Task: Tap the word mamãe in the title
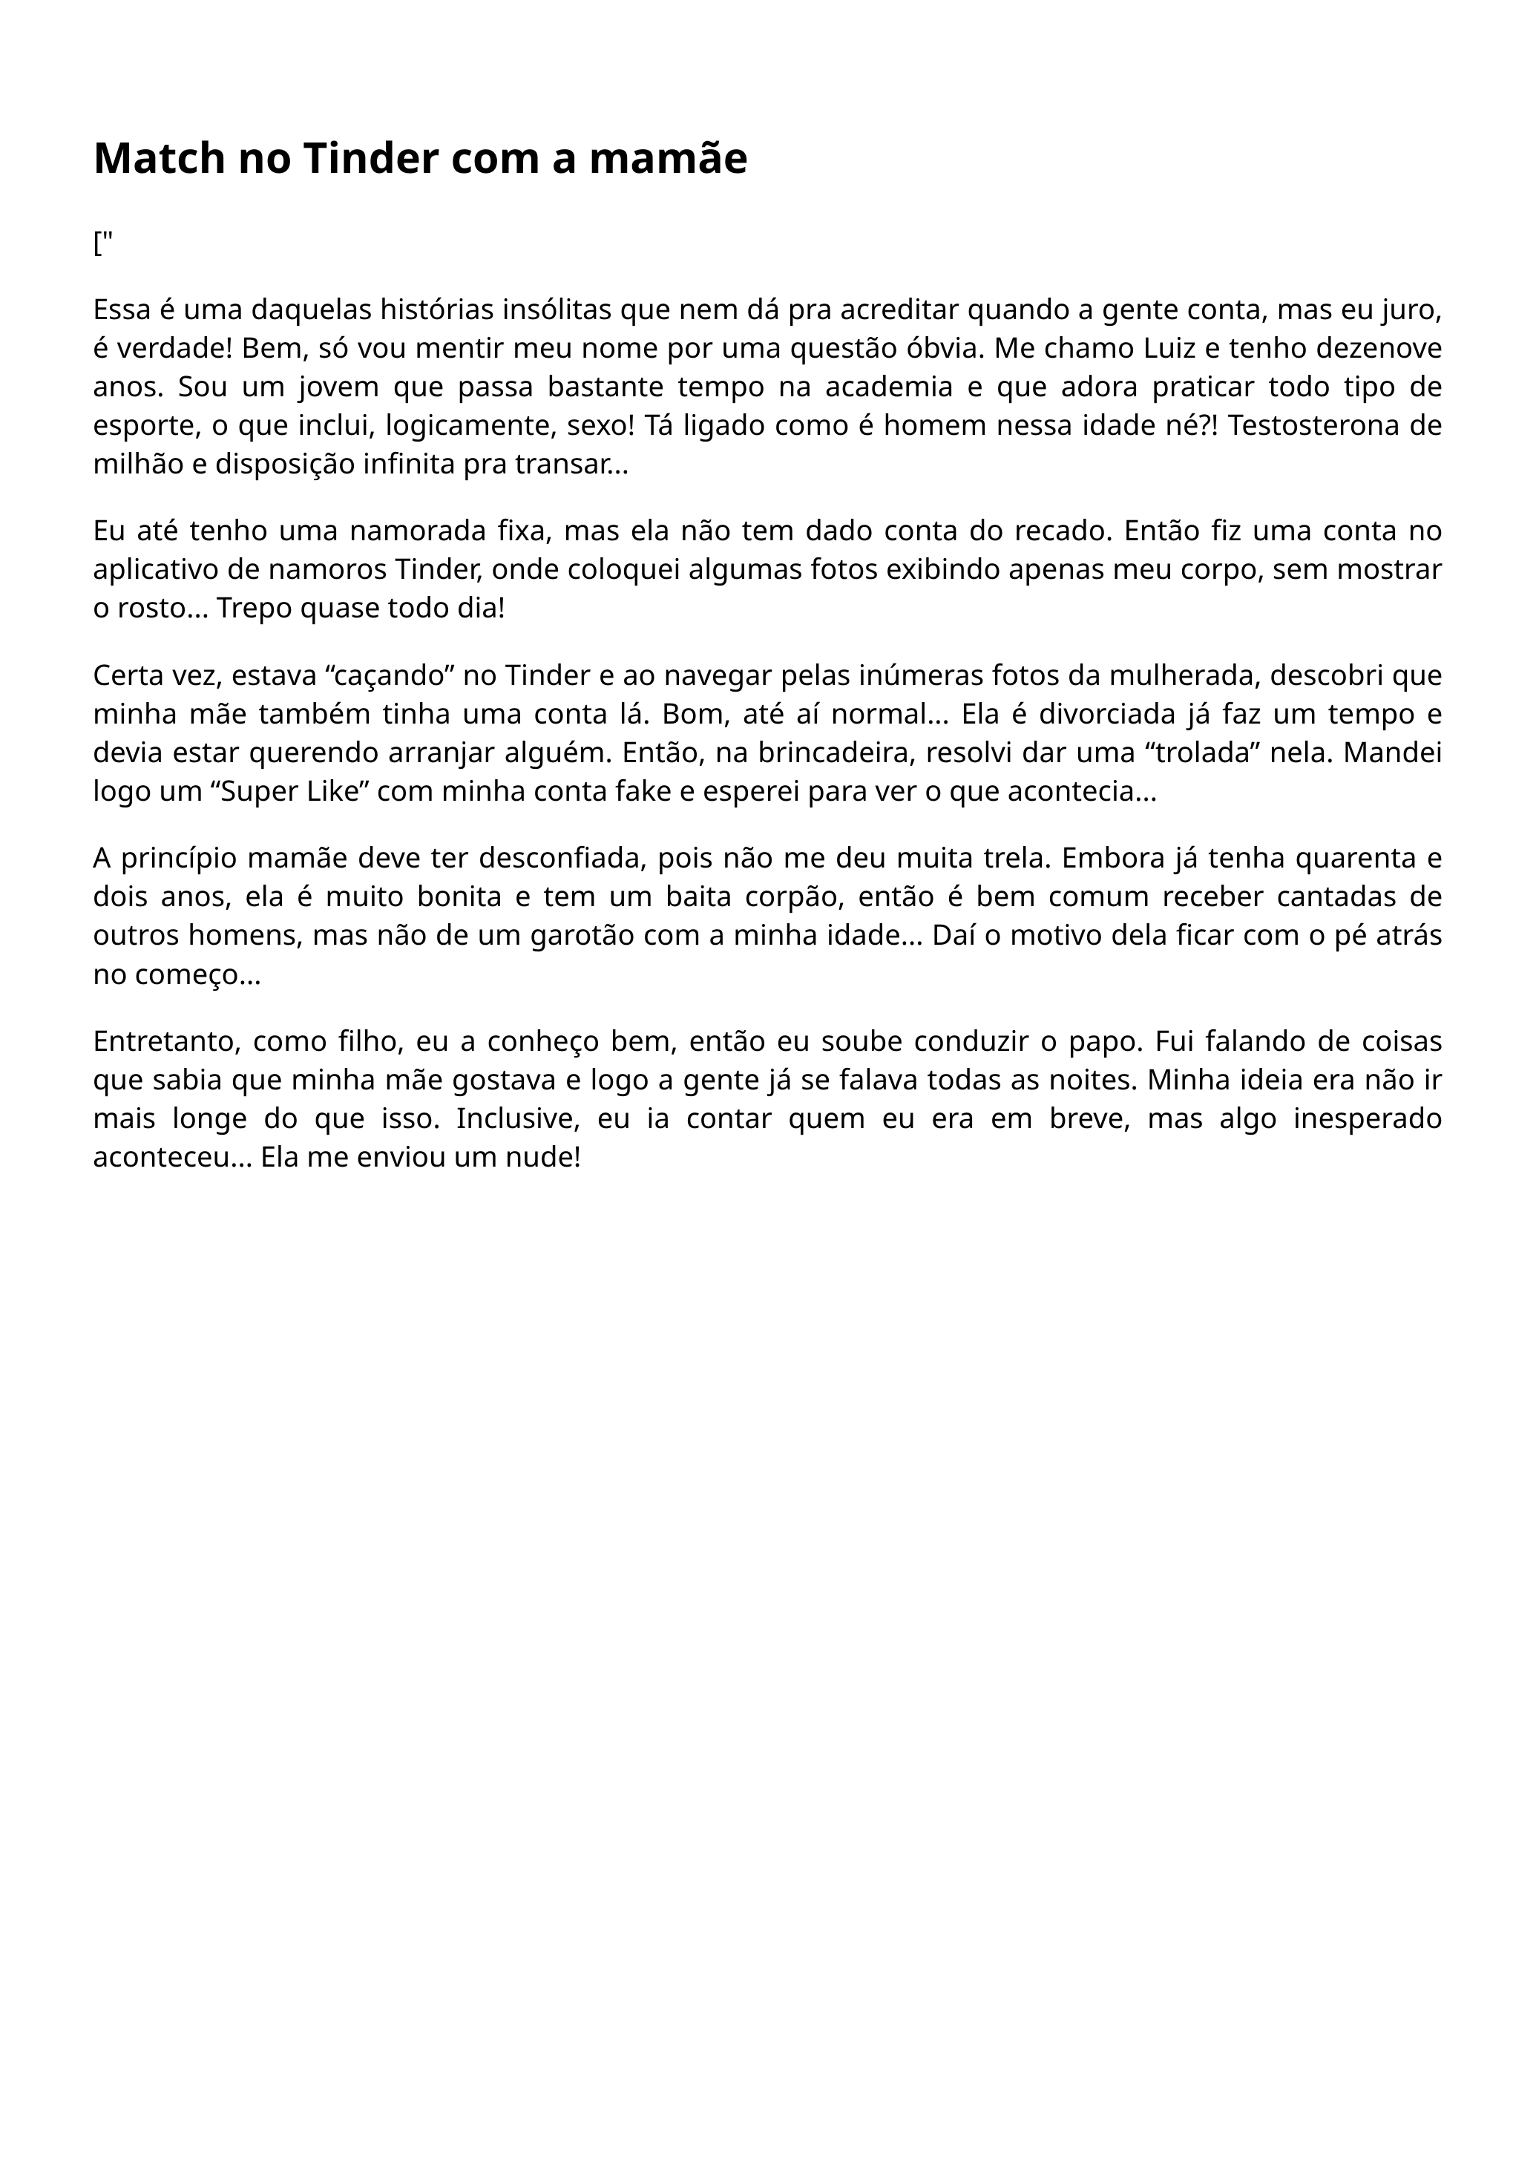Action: pyautogui.click(x=668, y=158)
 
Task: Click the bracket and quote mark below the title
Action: pyautogui.click(x=103, y=244)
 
